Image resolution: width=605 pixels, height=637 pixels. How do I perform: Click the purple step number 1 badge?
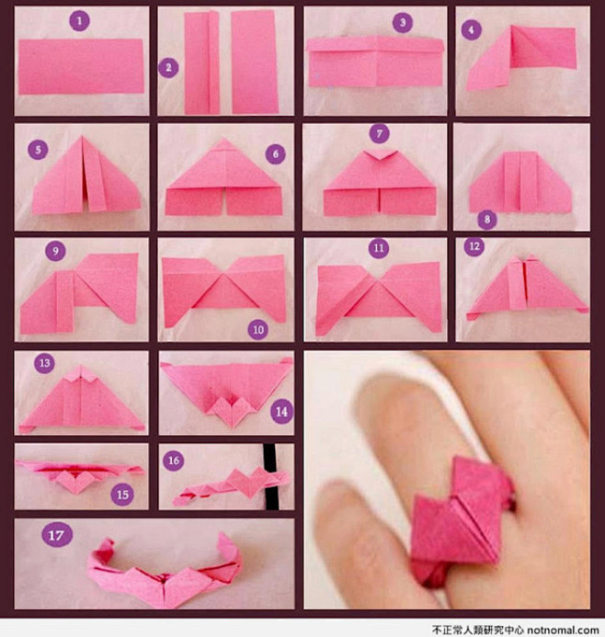point(79,21)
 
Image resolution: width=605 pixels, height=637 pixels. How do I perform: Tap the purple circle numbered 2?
point(168,68)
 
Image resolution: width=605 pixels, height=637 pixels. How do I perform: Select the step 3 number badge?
point(403,22)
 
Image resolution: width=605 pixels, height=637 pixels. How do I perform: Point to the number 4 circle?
point(472,29)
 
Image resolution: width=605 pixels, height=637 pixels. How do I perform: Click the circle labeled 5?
point(39,150)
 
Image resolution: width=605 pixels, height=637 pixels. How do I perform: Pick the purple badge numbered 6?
point(276,154)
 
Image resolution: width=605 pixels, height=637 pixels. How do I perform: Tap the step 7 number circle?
point(380,133)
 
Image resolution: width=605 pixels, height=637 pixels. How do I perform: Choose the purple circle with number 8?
point(487,220)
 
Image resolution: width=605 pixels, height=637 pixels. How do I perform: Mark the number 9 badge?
point(56,251)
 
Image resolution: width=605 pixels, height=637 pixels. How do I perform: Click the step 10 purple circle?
point(258,329)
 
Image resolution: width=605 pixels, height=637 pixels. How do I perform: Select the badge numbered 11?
point(379,248)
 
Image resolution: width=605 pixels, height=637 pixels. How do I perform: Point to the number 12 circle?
point(474,246)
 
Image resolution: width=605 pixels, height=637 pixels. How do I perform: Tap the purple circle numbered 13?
point(45,363)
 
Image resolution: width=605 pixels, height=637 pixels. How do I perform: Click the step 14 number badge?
point(282,412)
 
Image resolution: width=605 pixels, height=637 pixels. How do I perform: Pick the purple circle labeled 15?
point(122,495)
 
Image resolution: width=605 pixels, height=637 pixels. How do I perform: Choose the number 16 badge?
point(174,461)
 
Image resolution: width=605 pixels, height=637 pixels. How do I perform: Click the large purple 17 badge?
point(57,535)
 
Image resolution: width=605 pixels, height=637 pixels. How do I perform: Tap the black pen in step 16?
point(270,476)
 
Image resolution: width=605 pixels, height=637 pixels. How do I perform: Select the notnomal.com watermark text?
point(564,630)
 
